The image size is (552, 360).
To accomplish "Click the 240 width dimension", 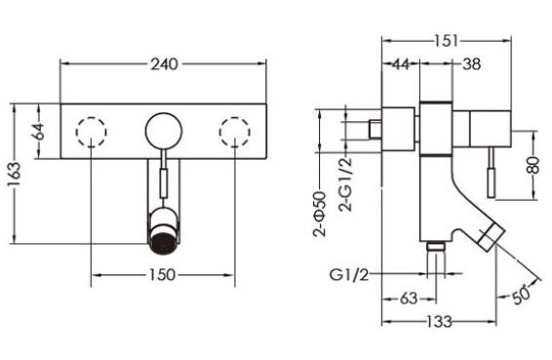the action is click(x=164, y=64).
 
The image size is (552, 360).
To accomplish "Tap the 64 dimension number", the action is click(x=39, y=131).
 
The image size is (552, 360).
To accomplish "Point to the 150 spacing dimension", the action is click(x=162, y=275).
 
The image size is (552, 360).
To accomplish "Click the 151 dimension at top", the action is click(x=446, y=41).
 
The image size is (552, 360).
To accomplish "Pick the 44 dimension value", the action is click(x=401, y=64).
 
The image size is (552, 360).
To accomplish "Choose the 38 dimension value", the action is click(x=471, y=64).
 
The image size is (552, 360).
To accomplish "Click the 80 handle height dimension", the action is click(x=533, y=165).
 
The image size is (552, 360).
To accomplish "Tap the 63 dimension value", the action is click(x=409, y=299).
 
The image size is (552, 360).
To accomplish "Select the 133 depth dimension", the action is click(x=439, y=321).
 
